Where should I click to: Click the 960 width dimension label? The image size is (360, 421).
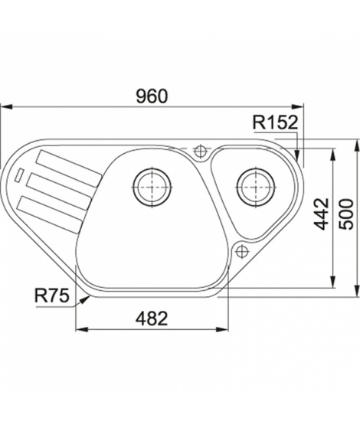pyautogui.click(x=152, y=96)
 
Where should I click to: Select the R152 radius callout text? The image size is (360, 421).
pyautogui.click(x=276, y=122)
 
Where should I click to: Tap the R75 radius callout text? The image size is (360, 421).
pyautogui.click(x=52, y=295)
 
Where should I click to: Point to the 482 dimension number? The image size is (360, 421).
pyautogui.click(x=152, y=318)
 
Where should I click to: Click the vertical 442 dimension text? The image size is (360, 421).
pyautogui.click(x=322, y=214)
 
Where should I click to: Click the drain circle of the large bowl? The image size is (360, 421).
pyautogui.click(x=152, y=187)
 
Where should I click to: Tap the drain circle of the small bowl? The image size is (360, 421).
pyautogui.click(x=256, y=187)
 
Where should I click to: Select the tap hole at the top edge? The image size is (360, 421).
pyautogui.click(x=200, y=151)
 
